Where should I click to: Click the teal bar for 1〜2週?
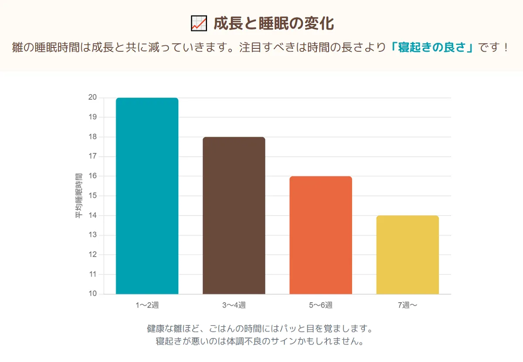[147, 196]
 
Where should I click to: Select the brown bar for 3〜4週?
[234, 216]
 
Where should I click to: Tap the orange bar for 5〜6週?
[321, 235]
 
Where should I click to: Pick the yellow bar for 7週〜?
[408, 255]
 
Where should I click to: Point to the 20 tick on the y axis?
[92, 98]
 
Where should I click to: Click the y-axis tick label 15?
[92, 196]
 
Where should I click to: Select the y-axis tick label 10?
[92, 294]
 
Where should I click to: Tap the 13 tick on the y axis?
[92, 235]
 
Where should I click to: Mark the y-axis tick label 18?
[92, 137]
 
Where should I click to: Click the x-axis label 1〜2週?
[147, 305]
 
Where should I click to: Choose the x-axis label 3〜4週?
[234, 305]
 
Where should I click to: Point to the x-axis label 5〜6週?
[321, 305]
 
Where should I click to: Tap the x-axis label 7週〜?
[408, 305]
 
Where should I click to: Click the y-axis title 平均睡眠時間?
[79, 196]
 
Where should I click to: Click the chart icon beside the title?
[199, 24]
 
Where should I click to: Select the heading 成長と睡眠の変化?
[274, 24]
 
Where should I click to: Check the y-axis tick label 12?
[92, 254]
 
